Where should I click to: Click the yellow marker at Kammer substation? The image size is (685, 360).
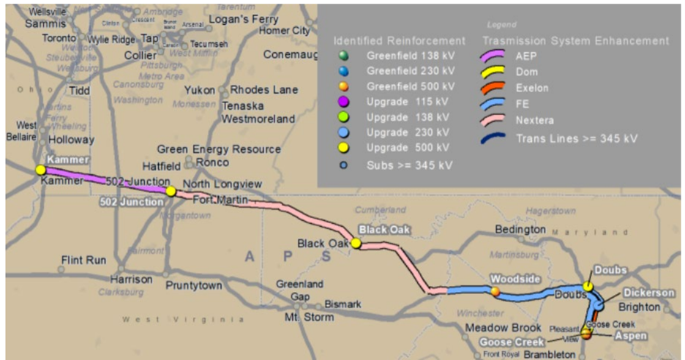coord(40,170)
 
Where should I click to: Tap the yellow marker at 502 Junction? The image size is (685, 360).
coord(171,191)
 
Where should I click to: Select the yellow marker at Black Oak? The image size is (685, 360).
coord(356,243)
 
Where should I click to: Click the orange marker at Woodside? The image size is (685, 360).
coord(495,291)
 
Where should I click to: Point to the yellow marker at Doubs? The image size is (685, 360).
coord(588,286)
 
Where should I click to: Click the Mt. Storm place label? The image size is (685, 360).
coord(309,317)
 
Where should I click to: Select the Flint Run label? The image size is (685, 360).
coord(83,260)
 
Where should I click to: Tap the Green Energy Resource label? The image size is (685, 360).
coord(218,149)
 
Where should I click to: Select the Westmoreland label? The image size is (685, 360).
coord(258,119)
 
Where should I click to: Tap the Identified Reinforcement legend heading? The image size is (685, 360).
coord(399,40)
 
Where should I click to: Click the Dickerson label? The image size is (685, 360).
coord(647,293)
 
